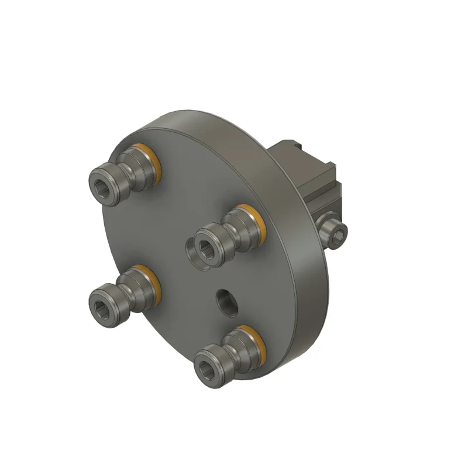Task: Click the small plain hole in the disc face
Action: pyautogui.click(x=226, y=301)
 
